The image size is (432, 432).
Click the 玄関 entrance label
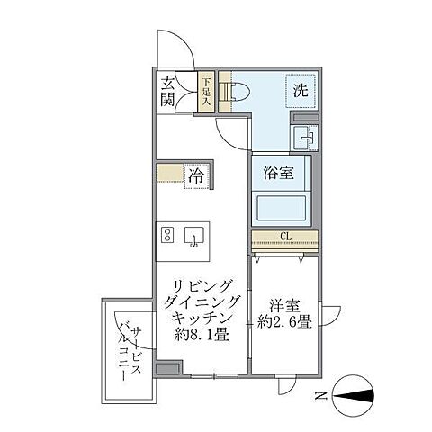coord(168,91)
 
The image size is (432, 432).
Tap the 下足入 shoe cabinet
coord(206,92)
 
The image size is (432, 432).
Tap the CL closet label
coord(284,238)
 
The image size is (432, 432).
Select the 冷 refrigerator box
coord(195,175)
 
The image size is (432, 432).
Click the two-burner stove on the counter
coord(166,236)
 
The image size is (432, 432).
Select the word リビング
coord(201,286)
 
